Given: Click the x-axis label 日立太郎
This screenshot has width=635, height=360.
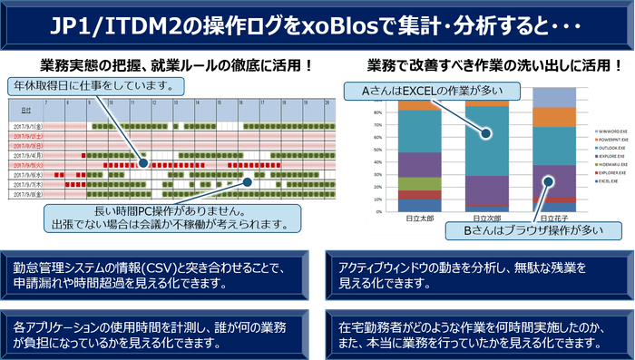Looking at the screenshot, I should [x=412, y=219].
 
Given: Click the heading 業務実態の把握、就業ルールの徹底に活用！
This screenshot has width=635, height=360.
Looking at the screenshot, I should [x=178, y=66].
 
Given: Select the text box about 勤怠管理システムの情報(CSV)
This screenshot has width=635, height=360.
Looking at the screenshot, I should [x=159, y=275].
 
